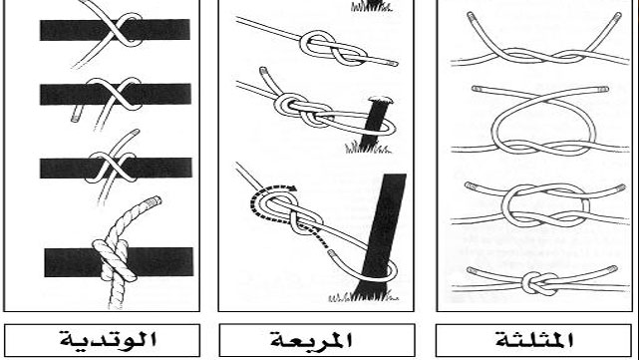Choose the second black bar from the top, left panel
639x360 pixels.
[60, 94]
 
